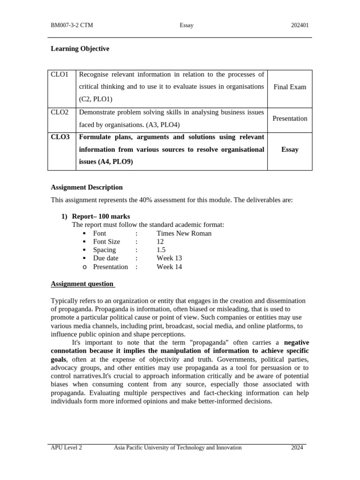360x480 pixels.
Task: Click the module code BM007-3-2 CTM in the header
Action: pyautogui.click(x=72, y=25)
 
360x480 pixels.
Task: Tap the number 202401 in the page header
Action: pyautogui.click(x=300, y=25)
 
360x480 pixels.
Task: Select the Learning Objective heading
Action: pyautogui.click(x=80, y=49)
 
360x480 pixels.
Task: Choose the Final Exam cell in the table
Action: pyautogui.click(x=290, y=87)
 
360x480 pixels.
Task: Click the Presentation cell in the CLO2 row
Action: pyautogui.click(x=290, y=119)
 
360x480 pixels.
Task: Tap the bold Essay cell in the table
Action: pyautogui.click(x=290, y=150)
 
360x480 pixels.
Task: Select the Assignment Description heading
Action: pyautogui.click(x=87, y=187)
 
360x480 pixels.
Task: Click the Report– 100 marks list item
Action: pyautogui.click(x=101, y=217)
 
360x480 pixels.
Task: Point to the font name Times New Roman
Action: pyautogui.click(x=184, y=233)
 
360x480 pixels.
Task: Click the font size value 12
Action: pyautogui.click(x=160, y=242)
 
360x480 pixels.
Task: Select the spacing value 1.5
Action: pyautogui.click(x=161, y=250)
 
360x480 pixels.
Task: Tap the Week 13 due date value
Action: pyautogui.click(x=169, y=258)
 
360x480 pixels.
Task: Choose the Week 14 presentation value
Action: pyautogui.click(x=169, y=267)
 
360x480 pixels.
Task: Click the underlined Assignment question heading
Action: pyautogui.click(x=82, y=284)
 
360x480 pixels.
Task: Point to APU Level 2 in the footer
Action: pyautogui.click(x=66, y=448)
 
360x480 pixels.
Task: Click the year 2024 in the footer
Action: pyautogui.click(x=297, y=448)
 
